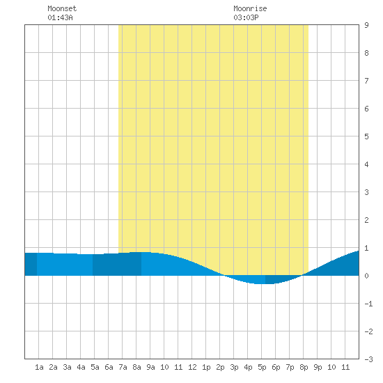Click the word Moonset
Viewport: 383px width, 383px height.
click(x=62, y=8)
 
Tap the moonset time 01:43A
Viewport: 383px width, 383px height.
click(x=60, y=17)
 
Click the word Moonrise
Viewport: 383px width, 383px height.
click(x=250, y=8)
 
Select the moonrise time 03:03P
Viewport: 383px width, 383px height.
click(x=246, y=17)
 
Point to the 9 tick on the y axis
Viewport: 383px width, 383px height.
click(x=366, y=25)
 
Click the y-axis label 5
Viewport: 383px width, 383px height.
click(x=366, y=136)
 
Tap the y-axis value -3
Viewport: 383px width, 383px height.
click(x=368, y=359)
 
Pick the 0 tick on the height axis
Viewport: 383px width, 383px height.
click(x=366, y=276)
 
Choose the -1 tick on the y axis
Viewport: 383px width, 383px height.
click(x=368, y=304)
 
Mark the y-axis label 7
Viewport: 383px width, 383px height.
click(x=366, y=81)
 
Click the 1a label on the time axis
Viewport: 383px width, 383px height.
click(x=39, y=367)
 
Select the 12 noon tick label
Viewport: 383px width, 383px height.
click(x=192, y=367)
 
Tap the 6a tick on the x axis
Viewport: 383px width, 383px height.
click(x=109, y=367)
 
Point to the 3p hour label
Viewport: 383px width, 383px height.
click(x=234, y=367)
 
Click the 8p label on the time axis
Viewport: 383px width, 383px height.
click(x=304, y=367)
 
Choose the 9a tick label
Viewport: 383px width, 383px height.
click(x=150, y=367)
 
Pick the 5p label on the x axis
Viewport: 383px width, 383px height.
click(x=262, y=367)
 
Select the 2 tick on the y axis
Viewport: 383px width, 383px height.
click(x=366, y=220)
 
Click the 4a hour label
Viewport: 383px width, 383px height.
click(x=81, y=367)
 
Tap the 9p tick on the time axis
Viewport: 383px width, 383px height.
click(x=318, y=367)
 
